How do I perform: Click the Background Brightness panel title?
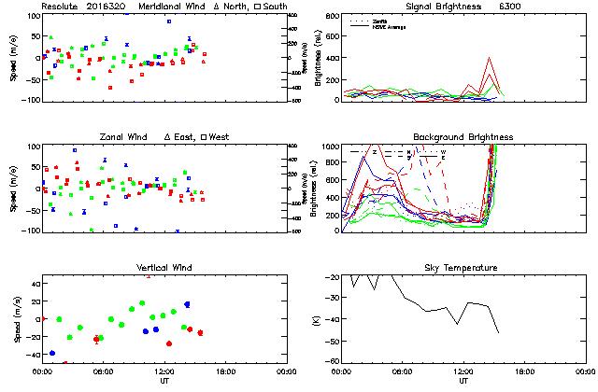pyautogui.click(x=463, y=137)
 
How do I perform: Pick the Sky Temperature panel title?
pyautogui.click(x=463, y=268)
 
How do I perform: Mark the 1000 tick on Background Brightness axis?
pyautogui.click(x=329, y=147)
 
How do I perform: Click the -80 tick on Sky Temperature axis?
pyautogui.click(x=331, y=361)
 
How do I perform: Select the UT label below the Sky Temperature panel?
pyautogui.click(x=463, y=382)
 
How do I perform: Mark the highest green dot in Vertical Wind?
pyautogui.click(x=142, y=303)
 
